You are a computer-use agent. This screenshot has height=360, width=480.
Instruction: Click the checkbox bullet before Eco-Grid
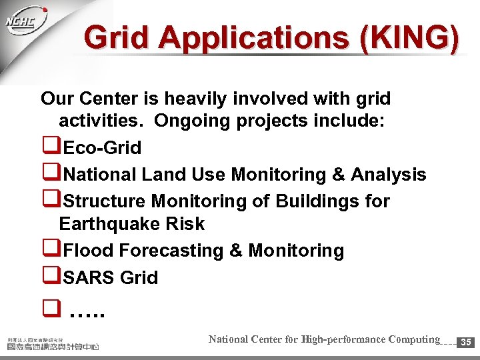48,147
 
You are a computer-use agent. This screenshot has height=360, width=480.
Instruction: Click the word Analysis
389,175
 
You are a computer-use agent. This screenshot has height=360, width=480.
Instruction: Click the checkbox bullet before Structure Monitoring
48,201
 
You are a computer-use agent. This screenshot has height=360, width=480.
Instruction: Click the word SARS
89,277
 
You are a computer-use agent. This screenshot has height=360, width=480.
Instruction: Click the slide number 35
467,342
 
